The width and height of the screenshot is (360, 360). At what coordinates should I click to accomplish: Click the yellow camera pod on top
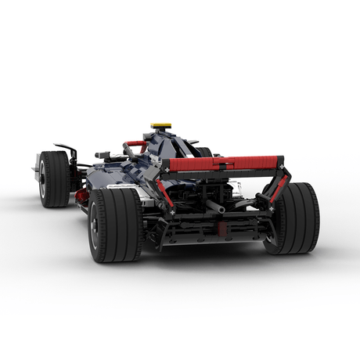pyautogui.click(x=161, y=125)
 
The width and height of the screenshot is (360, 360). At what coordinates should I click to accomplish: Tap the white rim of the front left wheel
pyautogui.click(x=41, y=180)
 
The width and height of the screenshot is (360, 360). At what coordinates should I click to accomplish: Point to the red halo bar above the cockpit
pyautogui.click(x=135, y=145)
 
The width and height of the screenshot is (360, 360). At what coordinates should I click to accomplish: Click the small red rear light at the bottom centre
pyautogui.click(x=221, y=230)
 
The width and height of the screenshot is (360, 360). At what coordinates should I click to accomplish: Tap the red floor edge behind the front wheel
pyautogui.click(x=81, y=199)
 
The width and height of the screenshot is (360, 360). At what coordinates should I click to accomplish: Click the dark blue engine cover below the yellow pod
pyautogui.click(x=168, y=145)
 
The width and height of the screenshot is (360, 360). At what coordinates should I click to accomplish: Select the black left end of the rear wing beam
pyautogui.click(x=166, y=166)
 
